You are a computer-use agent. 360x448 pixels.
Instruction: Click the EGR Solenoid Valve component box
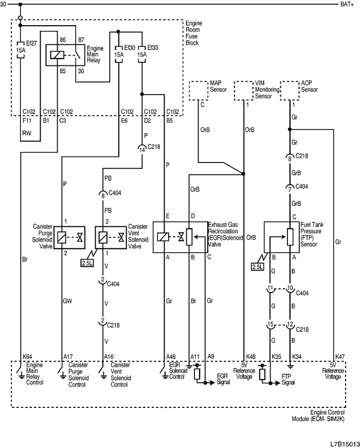(x=180, y=238)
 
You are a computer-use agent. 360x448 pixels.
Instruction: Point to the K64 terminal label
(x=27, y=356)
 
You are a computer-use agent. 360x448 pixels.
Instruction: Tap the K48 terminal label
(x=250, y=356)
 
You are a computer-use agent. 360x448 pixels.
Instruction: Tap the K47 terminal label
(x=340, y=356)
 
